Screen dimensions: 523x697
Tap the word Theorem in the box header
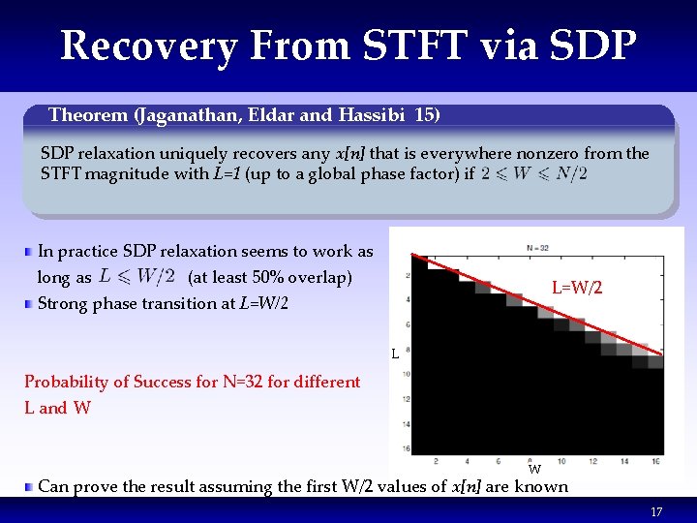coord(88,115)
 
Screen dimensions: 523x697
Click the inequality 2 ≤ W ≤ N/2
coord(533,174)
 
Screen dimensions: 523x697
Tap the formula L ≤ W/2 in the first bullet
coord(136,277)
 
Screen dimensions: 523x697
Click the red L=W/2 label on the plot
coord(577,288)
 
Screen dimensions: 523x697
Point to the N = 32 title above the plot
coord(537,248)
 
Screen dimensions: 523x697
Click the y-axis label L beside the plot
coord(395,354)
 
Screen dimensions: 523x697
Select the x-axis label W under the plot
coord(534,470)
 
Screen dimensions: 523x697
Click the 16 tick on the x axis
coord(656,460)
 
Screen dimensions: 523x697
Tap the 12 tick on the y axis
coord(408,399)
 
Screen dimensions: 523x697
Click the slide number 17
coord(656,511)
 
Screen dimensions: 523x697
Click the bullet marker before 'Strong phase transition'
coord(30,304)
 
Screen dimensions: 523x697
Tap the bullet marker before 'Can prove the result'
coord(30,486)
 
